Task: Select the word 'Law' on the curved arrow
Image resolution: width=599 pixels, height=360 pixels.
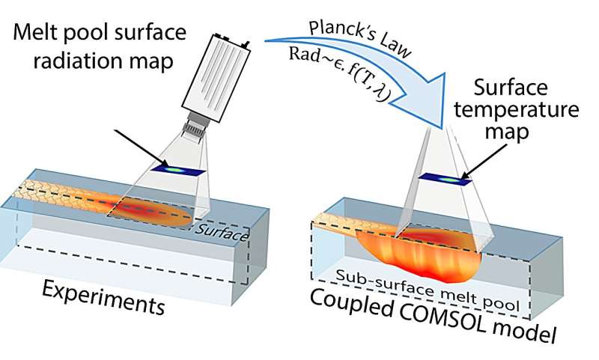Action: click(393, 49)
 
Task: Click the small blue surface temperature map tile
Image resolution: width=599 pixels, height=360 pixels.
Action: click(446, 179)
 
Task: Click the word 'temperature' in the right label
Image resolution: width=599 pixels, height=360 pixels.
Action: click(517, 109)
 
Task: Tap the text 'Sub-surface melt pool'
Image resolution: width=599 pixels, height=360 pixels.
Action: click(428, 290)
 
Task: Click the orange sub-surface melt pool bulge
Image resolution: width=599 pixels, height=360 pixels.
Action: click(416, 256)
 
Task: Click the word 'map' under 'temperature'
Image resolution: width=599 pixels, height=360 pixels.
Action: click(507, 131)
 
